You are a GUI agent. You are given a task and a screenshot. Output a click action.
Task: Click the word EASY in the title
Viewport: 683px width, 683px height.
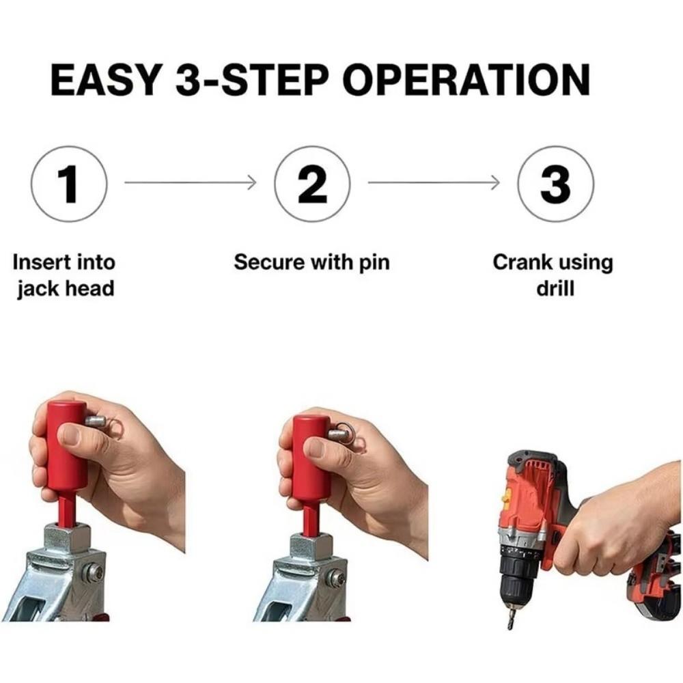click(104, 79)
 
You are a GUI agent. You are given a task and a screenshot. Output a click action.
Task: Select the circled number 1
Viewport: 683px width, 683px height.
click(69, 184)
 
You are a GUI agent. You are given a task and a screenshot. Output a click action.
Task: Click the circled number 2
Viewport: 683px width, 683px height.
click(312, 184)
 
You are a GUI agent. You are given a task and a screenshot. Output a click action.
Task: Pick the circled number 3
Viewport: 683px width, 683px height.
click(556, 184)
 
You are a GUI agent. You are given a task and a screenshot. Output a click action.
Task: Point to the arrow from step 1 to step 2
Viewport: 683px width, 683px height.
click(191, 182)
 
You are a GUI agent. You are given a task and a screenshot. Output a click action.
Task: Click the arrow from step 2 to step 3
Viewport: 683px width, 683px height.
click(434, 182)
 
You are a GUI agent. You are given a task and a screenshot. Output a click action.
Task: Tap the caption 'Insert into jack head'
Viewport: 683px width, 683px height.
click(64, 276)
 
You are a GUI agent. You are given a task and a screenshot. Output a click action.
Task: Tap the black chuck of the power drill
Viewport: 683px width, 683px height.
click(518, 579)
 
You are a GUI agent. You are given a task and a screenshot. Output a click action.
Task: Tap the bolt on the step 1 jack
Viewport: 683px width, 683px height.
click(94, 572)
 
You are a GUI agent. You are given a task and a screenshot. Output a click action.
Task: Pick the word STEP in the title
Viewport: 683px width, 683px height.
click(275, 79)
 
